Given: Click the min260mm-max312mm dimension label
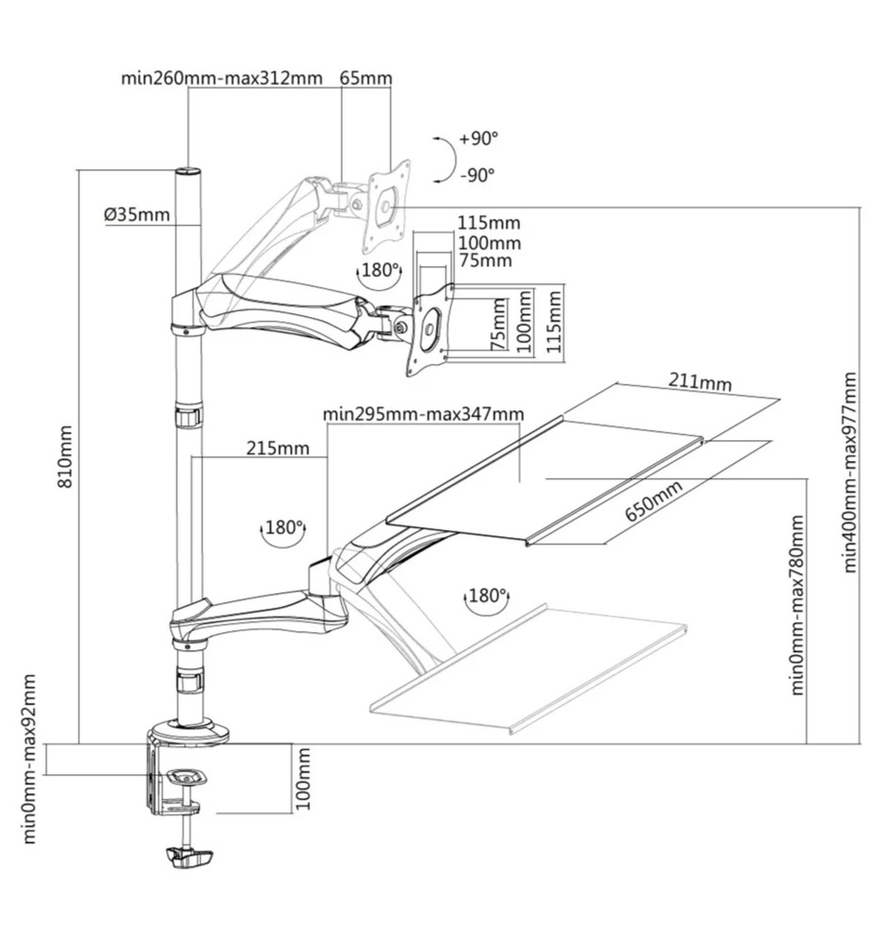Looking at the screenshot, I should [221, 78].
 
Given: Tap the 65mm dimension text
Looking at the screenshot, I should [365, 78].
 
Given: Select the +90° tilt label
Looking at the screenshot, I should [479, 139].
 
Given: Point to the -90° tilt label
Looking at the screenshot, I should [478, 175].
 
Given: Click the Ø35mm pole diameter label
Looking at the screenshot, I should [137, 214].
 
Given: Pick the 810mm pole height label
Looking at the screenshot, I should [66, 455].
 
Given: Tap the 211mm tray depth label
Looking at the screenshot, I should [699, 382].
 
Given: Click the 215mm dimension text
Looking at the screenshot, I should [278, 447].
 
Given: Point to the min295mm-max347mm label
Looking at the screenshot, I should [423, 413].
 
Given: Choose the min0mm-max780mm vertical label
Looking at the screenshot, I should [797, 604].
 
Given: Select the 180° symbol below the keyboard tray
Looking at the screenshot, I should [486, 597].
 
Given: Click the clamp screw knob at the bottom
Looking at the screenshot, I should [188, 857].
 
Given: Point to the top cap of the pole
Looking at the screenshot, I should [188, 172].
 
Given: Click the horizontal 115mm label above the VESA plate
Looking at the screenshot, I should [489, 223].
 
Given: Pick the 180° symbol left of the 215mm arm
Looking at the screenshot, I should [283, 530].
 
